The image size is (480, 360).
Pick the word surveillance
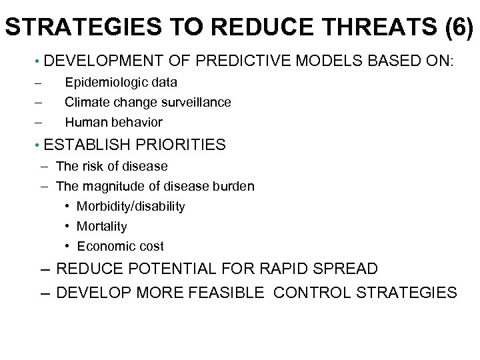[x=198, y=103]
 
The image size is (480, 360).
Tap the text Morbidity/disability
[x=131, y=206]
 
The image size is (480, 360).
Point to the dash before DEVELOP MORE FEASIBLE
[x=45, y=292]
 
